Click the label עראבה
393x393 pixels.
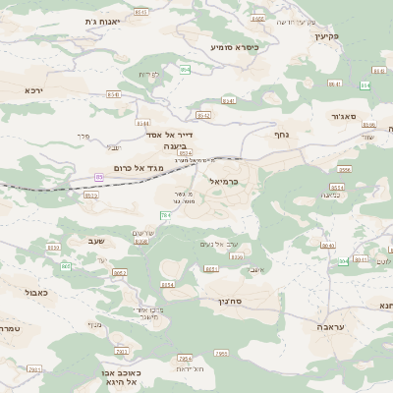(x=331, y=324)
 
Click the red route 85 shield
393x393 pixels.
(x=98, y=177)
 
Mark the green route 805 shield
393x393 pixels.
(x=66, y=266)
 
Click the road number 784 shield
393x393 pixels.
(x=165, y=213)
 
